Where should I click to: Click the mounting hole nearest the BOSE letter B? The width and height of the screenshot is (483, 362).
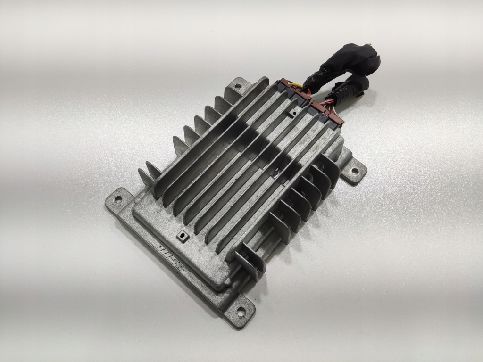117,198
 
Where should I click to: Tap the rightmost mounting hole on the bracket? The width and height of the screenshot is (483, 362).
355,171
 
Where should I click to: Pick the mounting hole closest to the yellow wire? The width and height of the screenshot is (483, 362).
238,86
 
